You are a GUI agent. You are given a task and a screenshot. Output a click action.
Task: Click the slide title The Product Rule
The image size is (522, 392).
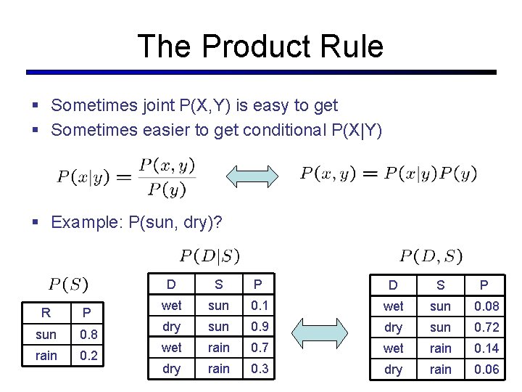click(260, 46)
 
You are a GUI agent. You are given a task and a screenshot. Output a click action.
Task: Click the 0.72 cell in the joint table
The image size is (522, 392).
click(486, 327)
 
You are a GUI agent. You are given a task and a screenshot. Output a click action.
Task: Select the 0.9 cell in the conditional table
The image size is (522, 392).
click(259, 327)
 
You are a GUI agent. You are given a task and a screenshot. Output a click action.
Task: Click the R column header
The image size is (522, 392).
click(46, 314)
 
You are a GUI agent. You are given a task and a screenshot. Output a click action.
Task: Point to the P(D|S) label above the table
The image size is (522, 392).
click(210, 256)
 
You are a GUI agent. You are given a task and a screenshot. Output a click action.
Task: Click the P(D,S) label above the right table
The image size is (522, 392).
click(431, 256)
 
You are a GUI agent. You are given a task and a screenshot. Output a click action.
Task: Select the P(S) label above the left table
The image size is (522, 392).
click(69, 282)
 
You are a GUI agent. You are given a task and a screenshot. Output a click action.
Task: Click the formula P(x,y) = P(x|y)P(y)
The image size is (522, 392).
click(389, 173)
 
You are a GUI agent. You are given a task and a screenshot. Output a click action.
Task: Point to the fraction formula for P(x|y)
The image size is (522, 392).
click(127, 177)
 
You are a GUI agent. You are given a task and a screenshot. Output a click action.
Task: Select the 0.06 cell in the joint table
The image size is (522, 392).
click(486, 369)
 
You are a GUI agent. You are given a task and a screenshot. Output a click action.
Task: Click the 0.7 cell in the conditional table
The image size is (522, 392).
click(259, 348)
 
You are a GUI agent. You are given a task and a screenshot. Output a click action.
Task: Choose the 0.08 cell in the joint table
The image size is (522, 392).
click(486, 306)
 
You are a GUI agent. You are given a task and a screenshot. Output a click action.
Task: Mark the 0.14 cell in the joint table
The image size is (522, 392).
click(486, 348)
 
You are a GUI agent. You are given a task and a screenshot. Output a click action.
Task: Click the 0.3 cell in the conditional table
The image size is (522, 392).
click(259, 369)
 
